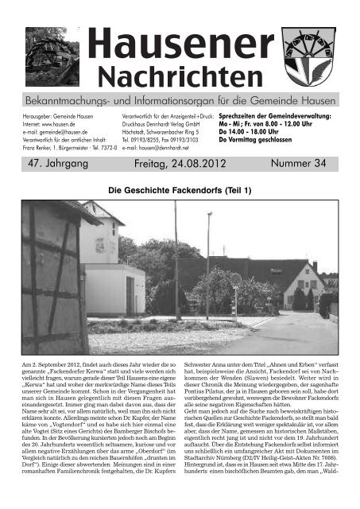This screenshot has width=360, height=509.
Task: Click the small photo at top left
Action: tap(52, 53)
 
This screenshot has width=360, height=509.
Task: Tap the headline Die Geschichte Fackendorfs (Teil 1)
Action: tap(180, 191)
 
